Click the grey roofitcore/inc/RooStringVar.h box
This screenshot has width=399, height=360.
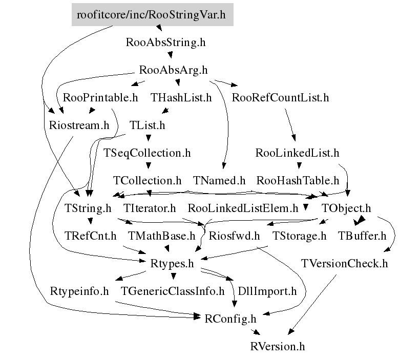click(152, 14)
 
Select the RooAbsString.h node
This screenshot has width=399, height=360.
click(165, 43)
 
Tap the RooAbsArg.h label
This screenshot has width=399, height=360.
click(174, 70)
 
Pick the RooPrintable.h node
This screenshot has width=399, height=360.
click(100, 97)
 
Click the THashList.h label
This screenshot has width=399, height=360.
click(181, 97)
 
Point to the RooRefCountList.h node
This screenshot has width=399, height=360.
click(280, 97)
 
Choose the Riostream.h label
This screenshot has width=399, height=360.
click(79, 125)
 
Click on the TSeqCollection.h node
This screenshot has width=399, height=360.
click(147, 153)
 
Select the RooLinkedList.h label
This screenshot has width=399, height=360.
click(297, 153)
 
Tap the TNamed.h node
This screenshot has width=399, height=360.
click(220, 180)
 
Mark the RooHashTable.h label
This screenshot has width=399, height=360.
click(298, 180)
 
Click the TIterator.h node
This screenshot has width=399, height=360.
click(150, 208)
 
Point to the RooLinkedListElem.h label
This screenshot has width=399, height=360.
click(243, 208)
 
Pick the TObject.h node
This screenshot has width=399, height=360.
click(346, 208)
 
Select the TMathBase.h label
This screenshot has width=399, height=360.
click(162, 236)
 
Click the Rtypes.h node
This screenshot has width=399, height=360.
click(172, 263)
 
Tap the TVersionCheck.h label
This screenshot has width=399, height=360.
click(345, 263)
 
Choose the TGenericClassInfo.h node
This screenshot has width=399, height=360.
click(173, 291)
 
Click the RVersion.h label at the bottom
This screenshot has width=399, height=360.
click(278, 346)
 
